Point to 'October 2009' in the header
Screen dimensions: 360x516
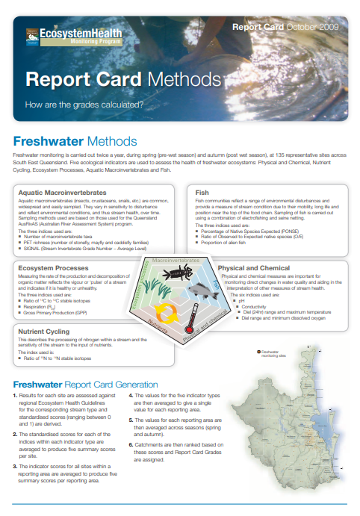click(312, 27)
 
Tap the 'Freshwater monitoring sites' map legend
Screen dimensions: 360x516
click(268, 354)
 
